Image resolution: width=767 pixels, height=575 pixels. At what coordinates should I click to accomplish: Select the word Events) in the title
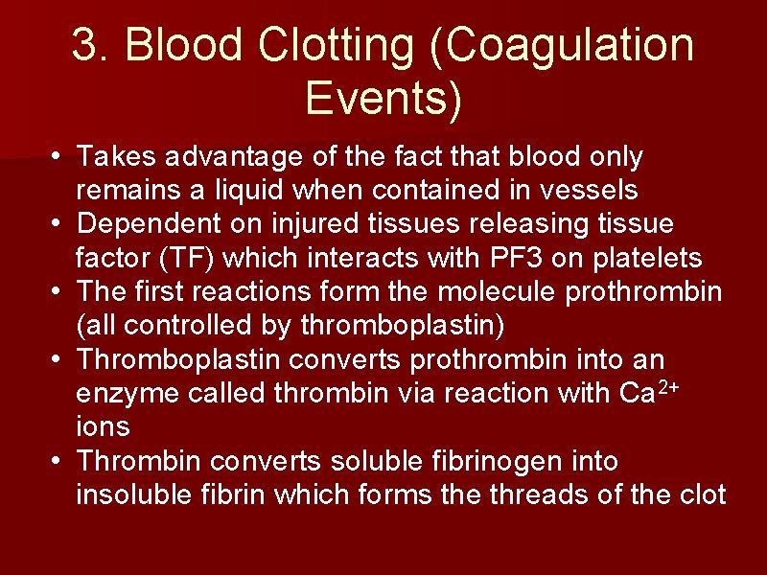tap(383, 99)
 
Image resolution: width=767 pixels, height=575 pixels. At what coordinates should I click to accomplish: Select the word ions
tap(103, 426)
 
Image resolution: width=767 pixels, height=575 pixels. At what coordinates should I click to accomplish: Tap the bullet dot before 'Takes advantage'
tap(58, 156)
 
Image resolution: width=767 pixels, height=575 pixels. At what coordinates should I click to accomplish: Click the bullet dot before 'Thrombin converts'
tap(58, 462)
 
